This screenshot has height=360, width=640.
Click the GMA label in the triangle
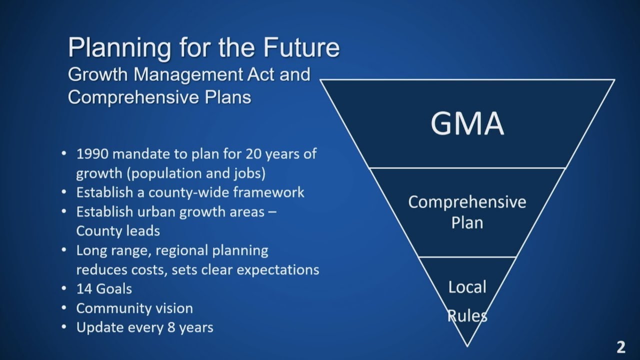(x=467, y=124)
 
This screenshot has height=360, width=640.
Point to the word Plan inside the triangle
(x=467, y=222)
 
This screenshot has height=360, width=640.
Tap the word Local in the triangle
(x=467, y=287)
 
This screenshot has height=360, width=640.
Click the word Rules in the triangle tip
(x=467, y=315)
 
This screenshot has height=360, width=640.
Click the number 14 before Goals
(x=83, y=289)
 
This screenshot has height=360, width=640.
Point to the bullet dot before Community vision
(x=64, y=308)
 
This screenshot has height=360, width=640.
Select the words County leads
(x=118, y=231)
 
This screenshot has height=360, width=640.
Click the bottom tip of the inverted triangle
(x=467, y=346)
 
